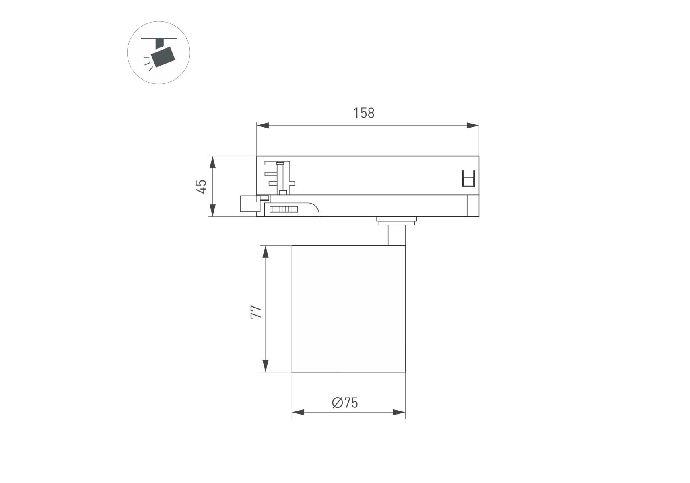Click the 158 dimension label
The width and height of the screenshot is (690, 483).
[x=364, y=113]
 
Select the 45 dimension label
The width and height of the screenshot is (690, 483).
[x=201, y=186]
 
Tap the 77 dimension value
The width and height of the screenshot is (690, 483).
[x=256, y=312]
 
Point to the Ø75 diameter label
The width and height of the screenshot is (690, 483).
[x=345, y=402]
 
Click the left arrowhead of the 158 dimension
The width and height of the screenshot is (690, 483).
[x=263, y=126]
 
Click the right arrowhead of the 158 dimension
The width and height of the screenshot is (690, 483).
[x=473, y=126]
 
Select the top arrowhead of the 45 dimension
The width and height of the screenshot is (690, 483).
[x=212, y=162]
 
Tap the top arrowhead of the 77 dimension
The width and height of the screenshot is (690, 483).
[x=265, y=252]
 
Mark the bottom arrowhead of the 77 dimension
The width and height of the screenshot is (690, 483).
[x=265, y=366]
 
